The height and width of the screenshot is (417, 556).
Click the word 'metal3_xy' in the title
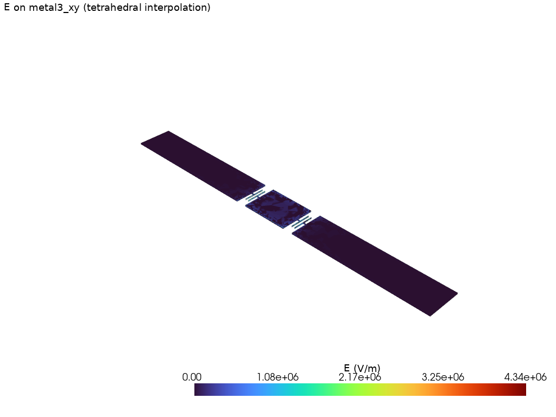coord(54,8)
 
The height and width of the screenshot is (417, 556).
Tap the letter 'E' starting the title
coord(7,7)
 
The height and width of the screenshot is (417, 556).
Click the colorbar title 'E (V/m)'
coord(362,369)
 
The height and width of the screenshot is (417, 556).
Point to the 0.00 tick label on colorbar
coord(192,377)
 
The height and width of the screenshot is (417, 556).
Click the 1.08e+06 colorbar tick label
coord(277,377)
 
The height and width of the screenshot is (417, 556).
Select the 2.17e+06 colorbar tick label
coord(360,377)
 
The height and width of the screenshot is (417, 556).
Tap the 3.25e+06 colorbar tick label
coord(443,377)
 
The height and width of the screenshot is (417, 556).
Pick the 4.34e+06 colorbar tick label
coord(526,377)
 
